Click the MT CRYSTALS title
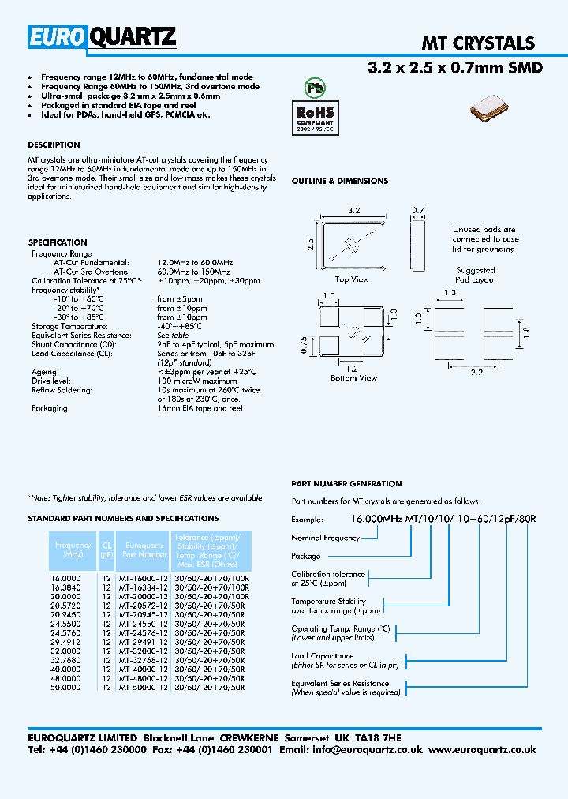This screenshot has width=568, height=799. tap(478, 43)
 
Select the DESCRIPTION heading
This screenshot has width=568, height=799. tap(54, 145)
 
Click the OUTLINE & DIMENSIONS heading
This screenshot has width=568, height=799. tap(340, 181)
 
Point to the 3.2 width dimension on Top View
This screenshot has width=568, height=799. tap(354, 211)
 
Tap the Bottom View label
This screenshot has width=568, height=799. tap(353, 378)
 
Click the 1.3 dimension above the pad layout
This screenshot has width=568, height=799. tap(450, 293)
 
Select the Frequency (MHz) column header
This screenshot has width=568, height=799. tap(73, 550)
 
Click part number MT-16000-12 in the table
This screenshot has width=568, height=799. tap(143, 579)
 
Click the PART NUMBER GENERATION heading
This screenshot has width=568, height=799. tap(346, 484)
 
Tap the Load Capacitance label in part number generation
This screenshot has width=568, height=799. tap(322, 656)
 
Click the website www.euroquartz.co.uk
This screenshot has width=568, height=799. tap(483, 750)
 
